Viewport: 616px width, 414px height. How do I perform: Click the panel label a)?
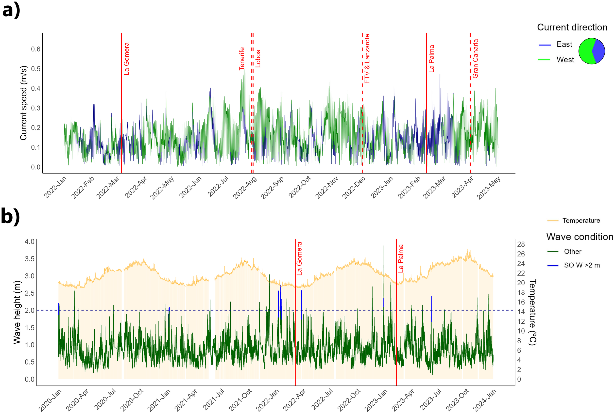[11, 11]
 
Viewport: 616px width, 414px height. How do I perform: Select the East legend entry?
[564, 44]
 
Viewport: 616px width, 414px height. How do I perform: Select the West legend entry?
[565, 60]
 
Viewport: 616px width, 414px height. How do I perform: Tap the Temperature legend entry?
[581, 221]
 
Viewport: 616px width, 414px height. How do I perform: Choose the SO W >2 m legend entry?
[582, 265]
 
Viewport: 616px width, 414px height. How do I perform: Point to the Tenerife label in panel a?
[242, 59]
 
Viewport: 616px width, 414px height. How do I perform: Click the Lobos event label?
[258, 59]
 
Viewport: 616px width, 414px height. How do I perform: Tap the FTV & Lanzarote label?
[367, 59]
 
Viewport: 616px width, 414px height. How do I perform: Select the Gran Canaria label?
[475, 59]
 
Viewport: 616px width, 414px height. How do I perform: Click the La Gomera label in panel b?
[299, 258]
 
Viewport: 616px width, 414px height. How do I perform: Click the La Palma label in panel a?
[431, 59]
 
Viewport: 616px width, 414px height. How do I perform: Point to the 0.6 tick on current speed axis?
[36, 49]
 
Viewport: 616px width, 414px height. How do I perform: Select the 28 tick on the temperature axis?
[521, 244]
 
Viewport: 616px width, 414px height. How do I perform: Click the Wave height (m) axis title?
[17, 312]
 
